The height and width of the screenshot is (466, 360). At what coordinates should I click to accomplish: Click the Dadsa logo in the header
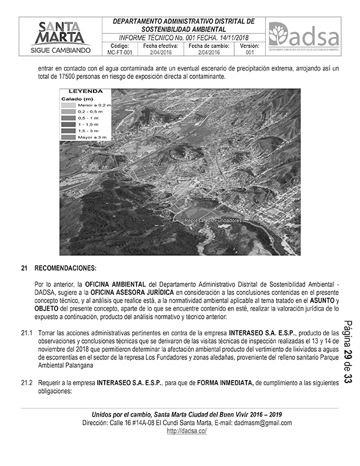click(x=304, y=36)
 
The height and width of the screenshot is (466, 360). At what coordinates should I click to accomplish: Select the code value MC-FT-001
click(x=119, y=52)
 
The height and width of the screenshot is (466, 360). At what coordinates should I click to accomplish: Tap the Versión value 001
click(x=249, y=52)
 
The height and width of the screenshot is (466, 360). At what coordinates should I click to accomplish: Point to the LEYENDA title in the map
click(x=86, y=92)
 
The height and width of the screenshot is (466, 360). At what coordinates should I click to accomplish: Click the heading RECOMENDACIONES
click(x=65, y=268)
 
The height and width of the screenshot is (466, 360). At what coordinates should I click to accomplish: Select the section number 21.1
click(x=26, y=333)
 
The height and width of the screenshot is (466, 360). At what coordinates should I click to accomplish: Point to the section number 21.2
click(x=26, y=382)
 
